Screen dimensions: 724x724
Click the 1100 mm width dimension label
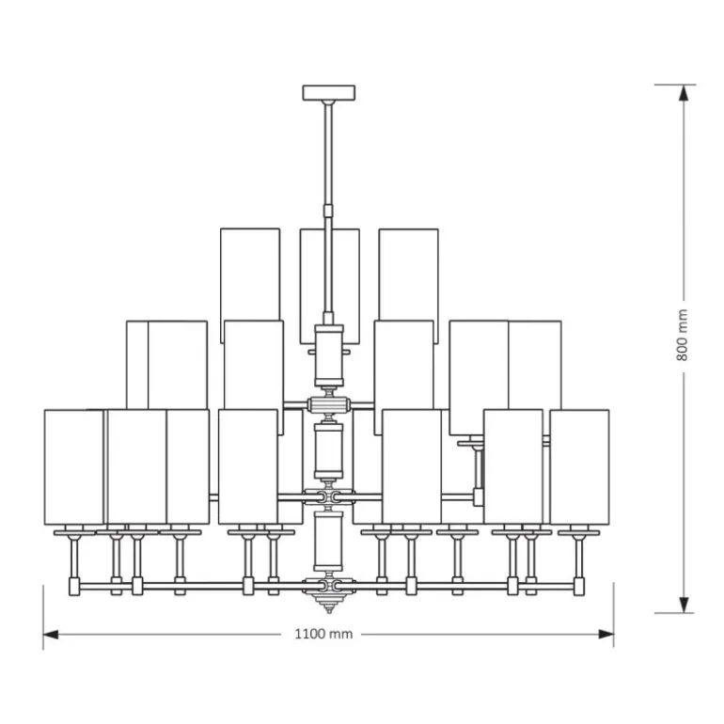(323, 634)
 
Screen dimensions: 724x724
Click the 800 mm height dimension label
(683, 336)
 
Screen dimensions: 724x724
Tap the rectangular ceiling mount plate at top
(329, 92)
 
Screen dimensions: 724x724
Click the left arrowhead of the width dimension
(51, 635)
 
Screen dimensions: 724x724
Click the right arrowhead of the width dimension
(606, 635)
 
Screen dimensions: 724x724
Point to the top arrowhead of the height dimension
(684, 93)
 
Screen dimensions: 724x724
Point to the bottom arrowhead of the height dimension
(684, 605)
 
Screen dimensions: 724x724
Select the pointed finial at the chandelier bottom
(329, 603)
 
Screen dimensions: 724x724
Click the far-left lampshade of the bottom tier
(74, 466)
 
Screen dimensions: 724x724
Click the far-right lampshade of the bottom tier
(579, 466)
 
